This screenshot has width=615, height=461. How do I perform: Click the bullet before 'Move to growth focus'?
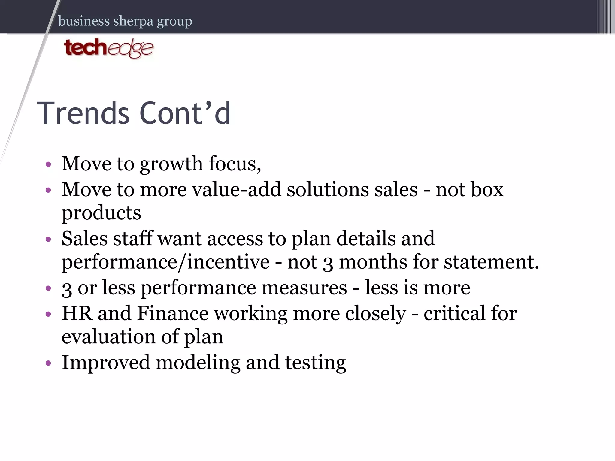(x=48, y=164)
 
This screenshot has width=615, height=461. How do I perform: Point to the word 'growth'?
(x=171, y=164)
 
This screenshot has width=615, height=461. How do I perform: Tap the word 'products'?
(x=101, y=213)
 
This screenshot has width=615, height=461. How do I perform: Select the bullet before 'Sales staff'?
(x=48, y=239)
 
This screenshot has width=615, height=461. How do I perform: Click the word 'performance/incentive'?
(x=165, y=262)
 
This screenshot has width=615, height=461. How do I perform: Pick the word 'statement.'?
(x=491, y=262)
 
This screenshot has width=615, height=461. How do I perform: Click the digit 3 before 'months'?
(x=328, y=263)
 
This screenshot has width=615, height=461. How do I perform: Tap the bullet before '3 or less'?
(x=48, y=288)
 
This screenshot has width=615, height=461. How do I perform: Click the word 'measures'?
(x=304, y=288)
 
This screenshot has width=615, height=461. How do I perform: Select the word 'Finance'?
(x=173, y=313)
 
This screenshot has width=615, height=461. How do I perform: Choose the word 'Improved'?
(x=106, y=363)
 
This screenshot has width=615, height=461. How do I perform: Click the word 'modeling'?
(x=198, y=363)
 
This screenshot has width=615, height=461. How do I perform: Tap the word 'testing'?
(x=315, y=363)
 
